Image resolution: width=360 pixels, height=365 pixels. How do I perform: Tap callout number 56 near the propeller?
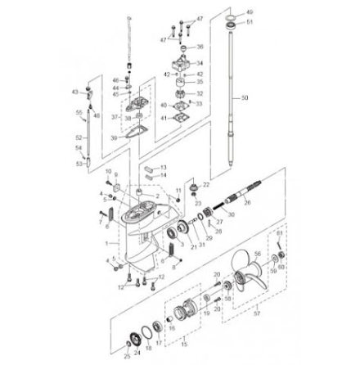pyautogui.click(x=257, y=255)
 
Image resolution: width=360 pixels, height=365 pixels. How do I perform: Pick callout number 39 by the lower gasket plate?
pyautogui.click(x=115, y=137)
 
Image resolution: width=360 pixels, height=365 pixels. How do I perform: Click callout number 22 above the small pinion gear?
pyautogui.click(x=206, y=185)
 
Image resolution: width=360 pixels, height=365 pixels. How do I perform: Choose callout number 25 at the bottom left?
pyautogui.click(x=127, y=357)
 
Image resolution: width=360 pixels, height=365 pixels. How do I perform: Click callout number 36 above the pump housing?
pyautogui.click(x=200, y=47)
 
